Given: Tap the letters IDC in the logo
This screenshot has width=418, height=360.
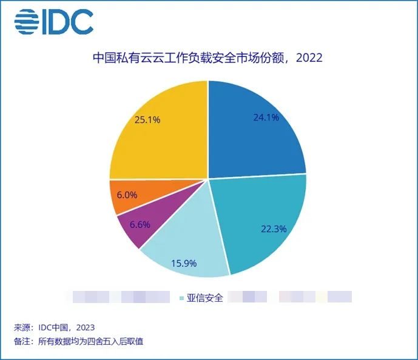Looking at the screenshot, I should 67,22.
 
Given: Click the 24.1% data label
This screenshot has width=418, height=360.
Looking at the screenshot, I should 266,118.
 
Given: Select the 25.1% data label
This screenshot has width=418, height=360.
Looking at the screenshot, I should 147,120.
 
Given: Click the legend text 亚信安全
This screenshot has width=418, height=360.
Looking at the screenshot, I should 205,298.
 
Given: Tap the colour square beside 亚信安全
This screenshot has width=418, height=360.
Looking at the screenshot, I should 181,298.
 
